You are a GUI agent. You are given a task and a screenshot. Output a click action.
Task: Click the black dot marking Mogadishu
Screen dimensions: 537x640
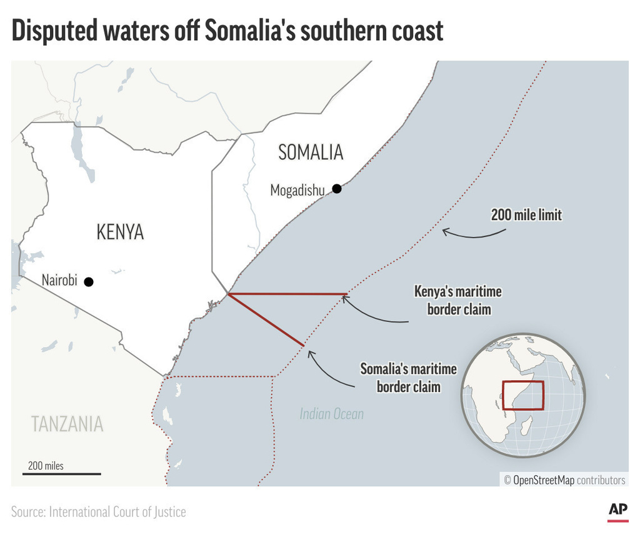pyautogui.click(x=337, y=188)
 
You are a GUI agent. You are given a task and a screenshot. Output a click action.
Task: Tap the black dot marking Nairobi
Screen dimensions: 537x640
pyautogui.click(x=89, y=282)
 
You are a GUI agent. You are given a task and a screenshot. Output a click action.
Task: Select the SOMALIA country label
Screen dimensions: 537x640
pyautogui.click(x=311, y=152)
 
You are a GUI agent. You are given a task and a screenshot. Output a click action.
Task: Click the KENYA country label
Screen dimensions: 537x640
pyautogui.click(x=120, y=232)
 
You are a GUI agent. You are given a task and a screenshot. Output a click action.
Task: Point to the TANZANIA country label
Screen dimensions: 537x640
pyautogui.click(x=67, y=424)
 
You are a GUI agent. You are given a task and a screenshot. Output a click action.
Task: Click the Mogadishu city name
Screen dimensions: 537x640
pyautogui.click(x=297, y=190)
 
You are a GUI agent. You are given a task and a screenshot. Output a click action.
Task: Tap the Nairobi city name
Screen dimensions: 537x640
pyautogui.click(x=59, y=281)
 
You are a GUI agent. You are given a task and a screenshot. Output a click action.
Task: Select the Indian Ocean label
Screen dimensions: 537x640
pyautogui.click(x=331, y=413)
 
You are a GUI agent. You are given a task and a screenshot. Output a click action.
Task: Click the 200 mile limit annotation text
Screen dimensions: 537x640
pyautogui.click(x=526, y=216)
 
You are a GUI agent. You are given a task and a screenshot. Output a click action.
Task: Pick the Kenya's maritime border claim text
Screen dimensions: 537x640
pyautogui.click(x=458, y=300)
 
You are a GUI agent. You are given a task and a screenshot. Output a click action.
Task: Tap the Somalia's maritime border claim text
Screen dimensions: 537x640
pyautogui.click(x=408, y=378)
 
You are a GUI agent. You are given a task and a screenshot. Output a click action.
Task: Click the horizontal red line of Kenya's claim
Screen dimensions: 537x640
pyautogui.click(x=287, y=293)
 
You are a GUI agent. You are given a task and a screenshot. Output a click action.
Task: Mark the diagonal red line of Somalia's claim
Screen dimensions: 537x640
pyautogui.click(x=266, y=319)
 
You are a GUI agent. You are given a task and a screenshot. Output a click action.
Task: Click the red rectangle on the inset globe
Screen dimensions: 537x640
pyautogui.click(x=522, y=395)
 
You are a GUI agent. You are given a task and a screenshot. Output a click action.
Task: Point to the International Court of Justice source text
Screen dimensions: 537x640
pyautogui.click(x=117, y=512)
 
